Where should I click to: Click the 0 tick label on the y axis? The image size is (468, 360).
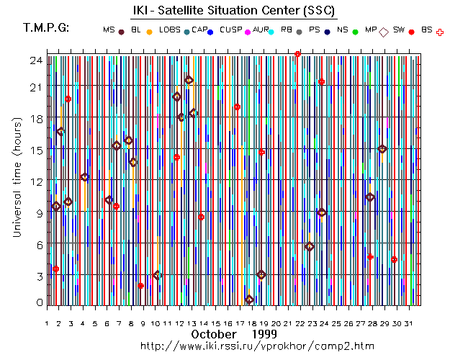click(x=39, y=302)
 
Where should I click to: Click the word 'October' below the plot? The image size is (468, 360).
click(x=215, y=335)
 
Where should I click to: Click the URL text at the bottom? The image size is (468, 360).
click(x=257, y=346)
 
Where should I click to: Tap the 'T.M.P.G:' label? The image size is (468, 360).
click(x=46, y=28)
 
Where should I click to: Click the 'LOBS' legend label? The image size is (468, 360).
click(x=170, y=30)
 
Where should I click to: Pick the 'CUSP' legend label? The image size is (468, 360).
click(x=230, y=30)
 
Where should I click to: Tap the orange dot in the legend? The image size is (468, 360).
click(x=149, y=32)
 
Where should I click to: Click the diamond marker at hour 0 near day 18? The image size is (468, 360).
click(x=249, y=300)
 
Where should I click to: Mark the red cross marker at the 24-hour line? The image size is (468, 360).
click(x=297, y=54)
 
